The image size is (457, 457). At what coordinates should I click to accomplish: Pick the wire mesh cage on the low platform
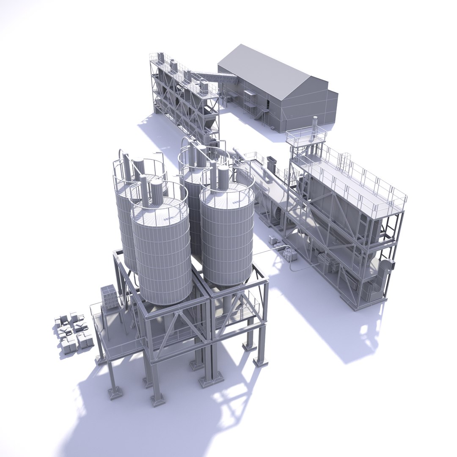point(109,296)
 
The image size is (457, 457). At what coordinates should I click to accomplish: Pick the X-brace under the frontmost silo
point(173,328)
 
